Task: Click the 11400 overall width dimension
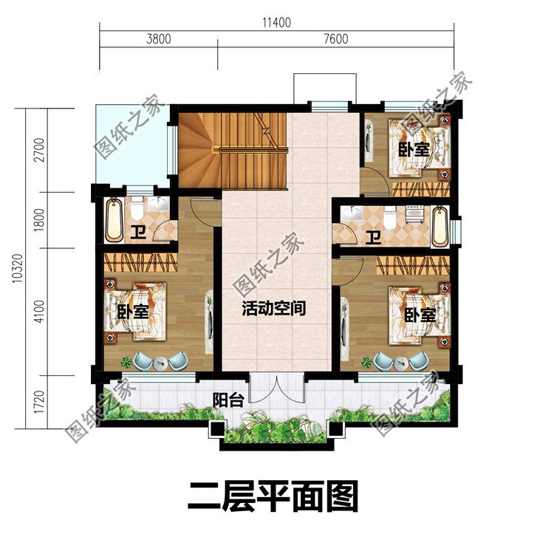tap(276, 22)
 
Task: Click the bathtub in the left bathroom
tap(114, 219)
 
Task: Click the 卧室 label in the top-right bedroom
tap(414, 149)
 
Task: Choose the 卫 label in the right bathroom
tap(375, 237)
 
